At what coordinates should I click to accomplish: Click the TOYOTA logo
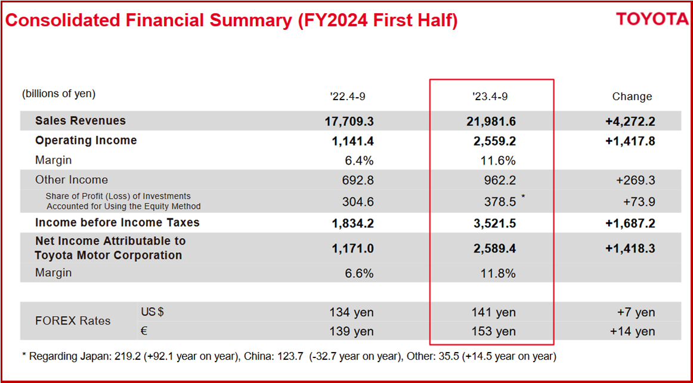[652, 19]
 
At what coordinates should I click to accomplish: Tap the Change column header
[632, 97]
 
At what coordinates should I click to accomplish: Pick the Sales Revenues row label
[81, 121]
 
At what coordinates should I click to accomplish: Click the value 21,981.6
[491, 122]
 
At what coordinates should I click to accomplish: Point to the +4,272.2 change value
[630, 122]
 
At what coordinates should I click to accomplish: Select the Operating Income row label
[86, 141]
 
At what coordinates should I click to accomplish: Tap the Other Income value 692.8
[358, 180]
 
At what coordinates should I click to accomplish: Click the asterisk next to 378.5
[523, 197]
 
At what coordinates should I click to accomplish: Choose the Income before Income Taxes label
[117, 223]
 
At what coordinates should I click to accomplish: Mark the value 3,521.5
[495, 223]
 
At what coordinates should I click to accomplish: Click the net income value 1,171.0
[352, 249]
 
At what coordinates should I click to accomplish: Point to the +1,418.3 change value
[630, 249]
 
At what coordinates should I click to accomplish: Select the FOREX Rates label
[73, 321]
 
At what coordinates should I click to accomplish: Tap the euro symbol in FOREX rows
[144, 330]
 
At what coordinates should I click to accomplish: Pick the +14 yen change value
[632, 332]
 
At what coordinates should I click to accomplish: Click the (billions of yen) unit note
[58, 94]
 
